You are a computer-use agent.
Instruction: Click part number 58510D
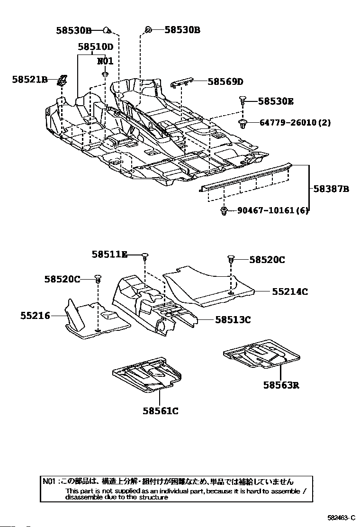(x=96, y=47)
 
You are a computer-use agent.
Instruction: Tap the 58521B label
(x=30, y=80)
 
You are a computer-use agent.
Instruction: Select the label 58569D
(x=225, y=82)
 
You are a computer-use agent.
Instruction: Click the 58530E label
(x=276, y=101)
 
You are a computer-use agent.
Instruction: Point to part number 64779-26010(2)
(x=295, y=123)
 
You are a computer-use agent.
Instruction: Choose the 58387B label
(x=331, y=189)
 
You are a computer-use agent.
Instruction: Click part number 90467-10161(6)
(x=273, y=210)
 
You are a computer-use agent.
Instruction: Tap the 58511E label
(x=109, y=255)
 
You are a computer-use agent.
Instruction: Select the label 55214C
(x=290, y=292)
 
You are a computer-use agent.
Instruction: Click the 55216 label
(x=35, y=315)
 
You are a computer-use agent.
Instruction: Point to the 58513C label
(x=233, y=320)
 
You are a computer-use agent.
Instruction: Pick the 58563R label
(x=281, y=385)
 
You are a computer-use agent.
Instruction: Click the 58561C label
(x=161, y=411)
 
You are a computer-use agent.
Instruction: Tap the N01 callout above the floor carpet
(x=105, y=61)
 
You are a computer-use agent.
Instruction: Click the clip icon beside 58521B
(x=62, y=81)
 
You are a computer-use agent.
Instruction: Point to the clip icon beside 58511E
(x=145, y=256)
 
